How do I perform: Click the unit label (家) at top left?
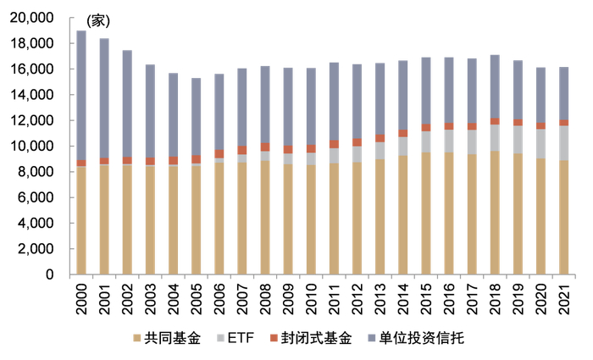click(98, 19)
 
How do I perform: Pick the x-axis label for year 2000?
click(81, 297)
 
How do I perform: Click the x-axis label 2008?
click(264, 297)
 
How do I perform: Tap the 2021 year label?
click(563, 297)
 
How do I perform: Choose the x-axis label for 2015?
click(425, 297)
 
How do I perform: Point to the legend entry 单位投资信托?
click(424, 339)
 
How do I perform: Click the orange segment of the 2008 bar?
click(264, 147)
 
